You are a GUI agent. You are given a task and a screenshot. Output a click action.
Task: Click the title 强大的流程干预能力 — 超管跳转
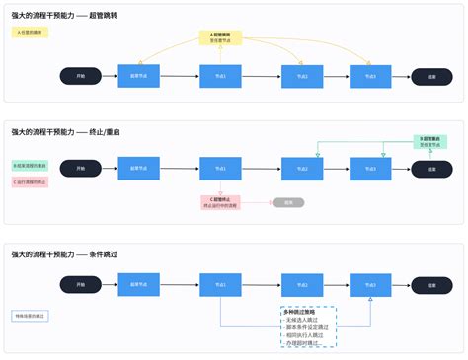(61, 16)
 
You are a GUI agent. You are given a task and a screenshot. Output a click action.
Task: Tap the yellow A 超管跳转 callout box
(220, 38)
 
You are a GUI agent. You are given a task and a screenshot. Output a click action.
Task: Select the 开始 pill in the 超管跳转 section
(80, 76)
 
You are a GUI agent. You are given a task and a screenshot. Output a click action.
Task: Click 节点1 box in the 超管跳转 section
(220, 76)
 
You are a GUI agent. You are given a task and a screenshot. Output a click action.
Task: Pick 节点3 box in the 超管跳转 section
(370, 76)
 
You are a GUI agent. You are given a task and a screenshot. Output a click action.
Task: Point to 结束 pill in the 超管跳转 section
(431, 76)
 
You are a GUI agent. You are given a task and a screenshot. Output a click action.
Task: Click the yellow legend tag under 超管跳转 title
(32, 33)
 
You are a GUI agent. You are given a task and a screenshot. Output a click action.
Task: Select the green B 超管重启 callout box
(429, 142)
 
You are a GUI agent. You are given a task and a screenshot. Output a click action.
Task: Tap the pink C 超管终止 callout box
(220, 202)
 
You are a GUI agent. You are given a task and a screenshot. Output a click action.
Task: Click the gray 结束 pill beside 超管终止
(289, 202)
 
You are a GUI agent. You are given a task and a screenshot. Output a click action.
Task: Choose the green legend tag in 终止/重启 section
(30, 165)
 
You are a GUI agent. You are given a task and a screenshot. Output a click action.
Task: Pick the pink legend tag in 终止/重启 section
(30, 181)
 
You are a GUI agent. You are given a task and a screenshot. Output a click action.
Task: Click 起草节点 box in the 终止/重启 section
(138, 169)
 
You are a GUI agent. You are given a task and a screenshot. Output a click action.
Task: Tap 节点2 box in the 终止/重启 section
(302, 169)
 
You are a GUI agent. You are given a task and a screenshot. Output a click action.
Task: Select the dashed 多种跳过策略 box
(308, 326)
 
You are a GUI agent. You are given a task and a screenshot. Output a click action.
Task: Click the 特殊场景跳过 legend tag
(30, 316)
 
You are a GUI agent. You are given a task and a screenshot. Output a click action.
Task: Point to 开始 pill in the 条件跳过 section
(80, 284)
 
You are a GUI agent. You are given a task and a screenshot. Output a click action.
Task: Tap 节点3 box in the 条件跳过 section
(370, 284)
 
